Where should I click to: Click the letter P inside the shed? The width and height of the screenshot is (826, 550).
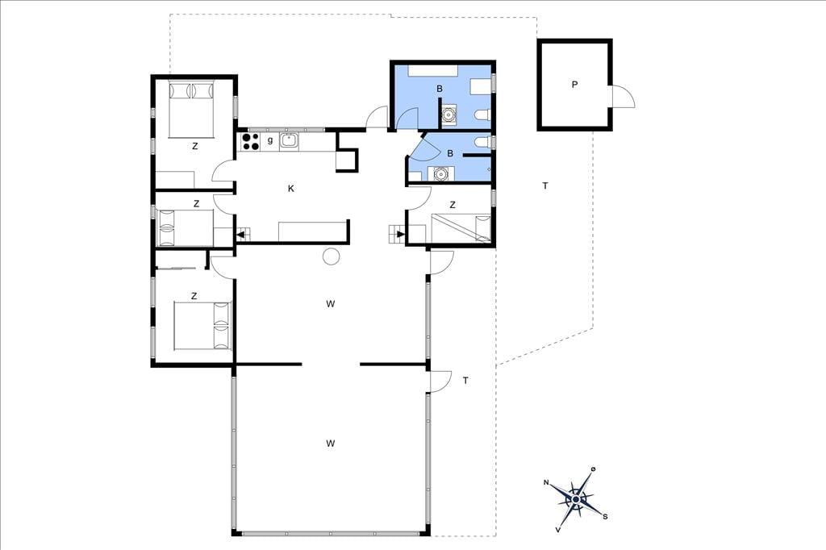tap(574, 85)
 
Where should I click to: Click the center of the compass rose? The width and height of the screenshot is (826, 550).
tap(577, 499)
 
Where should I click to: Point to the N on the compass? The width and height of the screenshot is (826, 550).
tap(546, 482)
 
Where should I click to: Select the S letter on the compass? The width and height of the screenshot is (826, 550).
tap(605, 516)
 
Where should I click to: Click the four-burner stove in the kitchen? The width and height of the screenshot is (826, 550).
tap(250, 142)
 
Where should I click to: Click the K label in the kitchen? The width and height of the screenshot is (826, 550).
tap(290, 189)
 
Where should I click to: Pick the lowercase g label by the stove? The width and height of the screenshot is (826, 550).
tap(270, 140)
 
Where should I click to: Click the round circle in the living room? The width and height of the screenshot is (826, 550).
tap(332, 256)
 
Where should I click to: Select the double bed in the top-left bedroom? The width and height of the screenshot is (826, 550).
tap(191, 109)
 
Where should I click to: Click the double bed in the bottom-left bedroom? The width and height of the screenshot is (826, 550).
tap(202, 325)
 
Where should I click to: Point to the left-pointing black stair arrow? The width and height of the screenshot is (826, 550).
tap(242, 235)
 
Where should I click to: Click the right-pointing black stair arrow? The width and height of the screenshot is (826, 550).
tap(400, 234)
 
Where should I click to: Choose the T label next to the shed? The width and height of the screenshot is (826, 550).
tap(545, 186)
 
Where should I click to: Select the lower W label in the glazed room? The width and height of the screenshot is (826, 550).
tap(330, 443)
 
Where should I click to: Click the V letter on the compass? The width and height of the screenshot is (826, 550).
tap(558, 530)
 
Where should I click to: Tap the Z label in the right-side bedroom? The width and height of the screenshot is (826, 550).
tap(453, 205)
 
